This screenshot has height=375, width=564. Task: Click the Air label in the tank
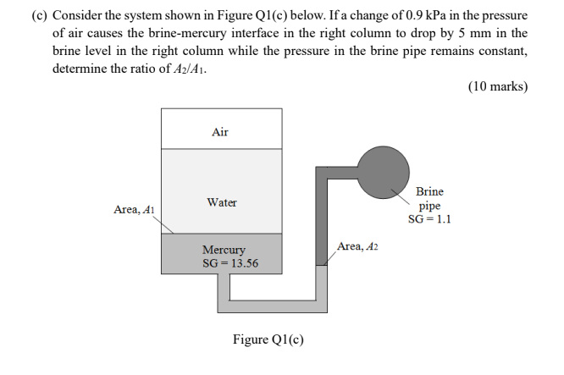pos(220,132)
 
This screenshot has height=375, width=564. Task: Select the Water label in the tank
pos(222,202)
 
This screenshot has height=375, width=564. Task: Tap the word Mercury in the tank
pos(224,250)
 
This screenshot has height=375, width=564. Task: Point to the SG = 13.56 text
pos(230,263)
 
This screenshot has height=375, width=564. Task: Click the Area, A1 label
pos(134,209)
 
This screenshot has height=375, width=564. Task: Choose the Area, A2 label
pos(357,245)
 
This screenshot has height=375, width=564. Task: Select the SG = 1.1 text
pos(429,218)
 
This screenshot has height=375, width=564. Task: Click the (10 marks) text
pos(498,87)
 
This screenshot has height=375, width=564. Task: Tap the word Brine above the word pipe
pos(429,191)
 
